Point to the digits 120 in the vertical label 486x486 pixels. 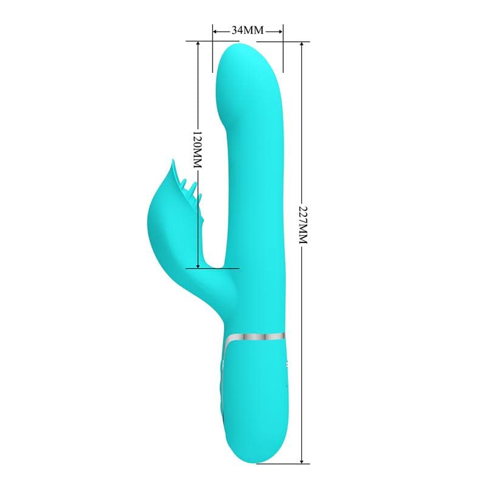[x=197, y=141]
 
